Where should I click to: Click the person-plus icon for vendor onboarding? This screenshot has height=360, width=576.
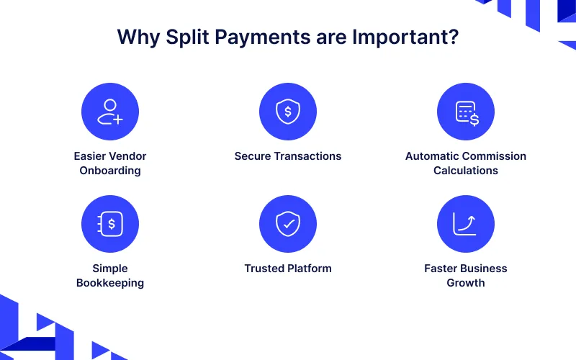(110, 112)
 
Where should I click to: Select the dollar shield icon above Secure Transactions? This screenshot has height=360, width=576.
(288, 112)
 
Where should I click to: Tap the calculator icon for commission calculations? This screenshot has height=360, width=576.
(466, 112)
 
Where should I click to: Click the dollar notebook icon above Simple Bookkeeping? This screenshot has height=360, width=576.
(110, 224)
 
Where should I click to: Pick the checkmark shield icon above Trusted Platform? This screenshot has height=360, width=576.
(288, 224)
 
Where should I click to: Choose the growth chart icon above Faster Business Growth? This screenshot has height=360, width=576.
(466, 224)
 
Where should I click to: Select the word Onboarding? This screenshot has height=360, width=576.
(110, 171)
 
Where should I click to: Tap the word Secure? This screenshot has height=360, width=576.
(253, 156)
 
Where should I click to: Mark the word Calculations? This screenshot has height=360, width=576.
(466, 171)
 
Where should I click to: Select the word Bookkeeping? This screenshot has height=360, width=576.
(110, 283)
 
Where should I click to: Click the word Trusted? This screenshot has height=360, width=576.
(264, 269)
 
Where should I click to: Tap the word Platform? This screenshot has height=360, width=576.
(310, 269)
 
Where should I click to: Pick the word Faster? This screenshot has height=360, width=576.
(441, 269)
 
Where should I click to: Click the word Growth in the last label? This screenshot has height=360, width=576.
(466, 283)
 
